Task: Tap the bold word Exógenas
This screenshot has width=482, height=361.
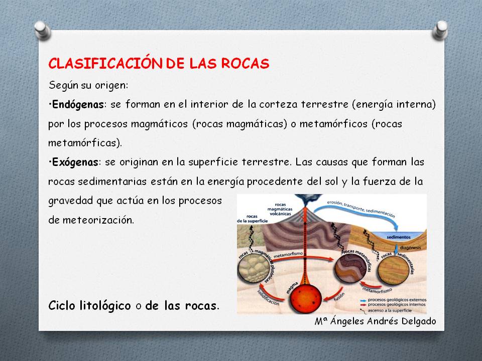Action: [x=74, y=162]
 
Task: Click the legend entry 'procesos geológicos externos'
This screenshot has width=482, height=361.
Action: [x=402, y=299]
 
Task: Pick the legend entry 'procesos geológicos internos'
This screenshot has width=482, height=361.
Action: [x=402, y=304]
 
